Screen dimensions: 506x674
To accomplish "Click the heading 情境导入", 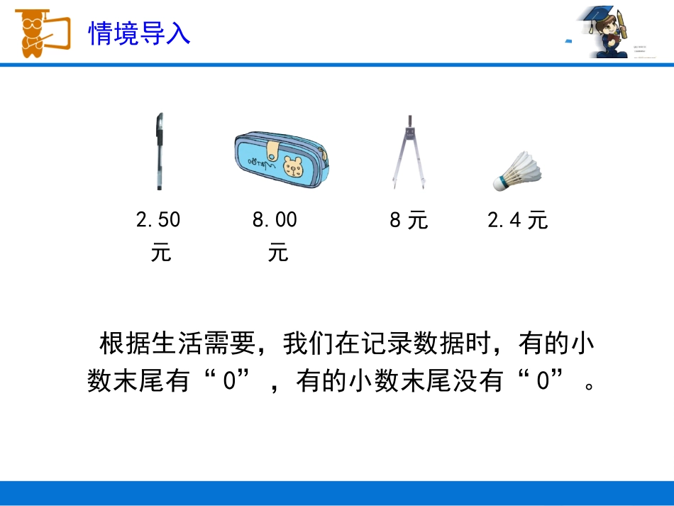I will [139, 33].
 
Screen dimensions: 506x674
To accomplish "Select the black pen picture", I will [158, 150].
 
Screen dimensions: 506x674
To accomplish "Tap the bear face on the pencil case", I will [292, 167].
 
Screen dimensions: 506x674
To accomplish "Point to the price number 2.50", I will [158, 220].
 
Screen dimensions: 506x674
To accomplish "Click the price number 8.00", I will [275, 220].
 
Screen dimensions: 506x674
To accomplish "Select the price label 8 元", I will [409, 221].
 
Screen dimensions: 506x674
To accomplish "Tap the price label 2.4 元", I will [518, 221].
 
